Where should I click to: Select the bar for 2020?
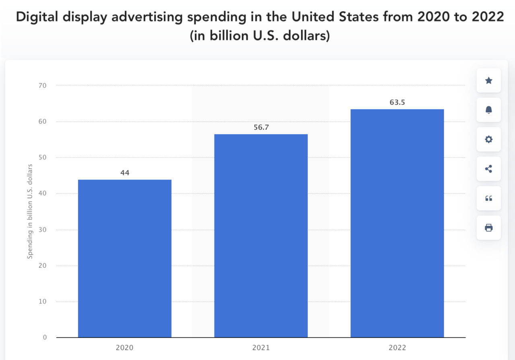click(x=125, y=258)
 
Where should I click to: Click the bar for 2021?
click(x=261, y=236)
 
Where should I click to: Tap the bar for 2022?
click(x=397, y=223)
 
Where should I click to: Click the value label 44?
click(x=125, y=173)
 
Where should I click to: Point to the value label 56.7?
click(x=261, y=127)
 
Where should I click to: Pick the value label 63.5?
click(x=397, y=102)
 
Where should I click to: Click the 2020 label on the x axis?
click(x=125, y=348)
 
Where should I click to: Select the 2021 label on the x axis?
click(x=261, y=348)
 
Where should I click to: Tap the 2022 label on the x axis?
click(x=397, y=348)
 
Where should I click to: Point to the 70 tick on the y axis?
click(x=43, y=85)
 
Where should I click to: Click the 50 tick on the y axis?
click(x=43, y=157)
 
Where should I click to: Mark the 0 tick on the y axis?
click(x=45, y=337)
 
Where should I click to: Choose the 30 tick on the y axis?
click(x=43, y=230)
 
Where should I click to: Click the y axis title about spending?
click(x=30, y=211)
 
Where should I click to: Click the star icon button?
click(x=488, y=81)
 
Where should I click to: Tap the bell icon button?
click(x=488, y=110)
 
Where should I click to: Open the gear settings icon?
click(x=488, y=139)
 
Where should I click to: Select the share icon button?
click(x=488, y=169)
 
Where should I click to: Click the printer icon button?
click(x=488, y=228)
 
